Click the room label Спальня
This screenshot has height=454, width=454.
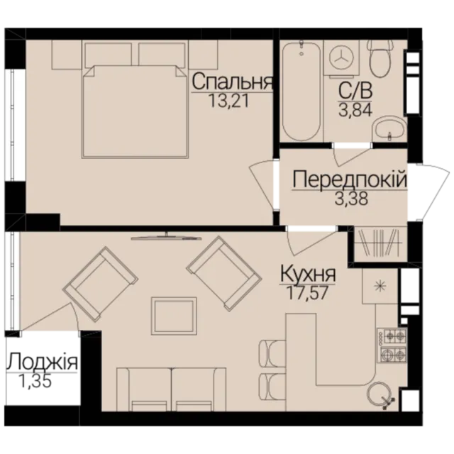(233, 82)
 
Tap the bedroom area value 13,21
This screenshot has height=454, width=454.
(228, 101)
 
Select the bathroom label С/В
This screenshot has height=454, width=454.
(355, 92)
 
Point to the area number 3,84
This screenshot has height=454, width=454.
(355, 110)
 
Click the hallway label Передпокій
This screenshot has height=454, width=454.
(350, 179)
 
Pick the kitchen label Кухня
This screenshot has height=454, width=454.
(308, 275)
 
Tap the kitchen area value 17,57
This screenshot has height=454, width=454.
(307, 292)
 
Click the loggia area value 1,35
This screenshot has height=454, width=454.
(35, 381)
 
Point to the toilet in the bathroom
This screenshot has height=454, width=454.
(380, 58)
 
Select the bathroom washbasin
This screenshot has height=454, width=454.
(389, 129)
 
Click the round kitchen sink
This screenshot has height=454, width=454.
(379, 394)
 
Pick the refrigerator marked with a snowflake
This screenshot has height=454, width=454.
(380, 286)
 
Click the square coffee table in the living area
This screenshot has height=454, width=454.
(174, 316)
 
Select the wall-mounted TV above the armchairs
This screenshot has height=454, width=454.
(166, 237)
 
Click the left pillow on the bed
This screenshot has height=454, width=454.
(109, 54)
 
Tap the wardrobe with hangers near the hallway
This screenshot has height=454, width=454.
(378, 245)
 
